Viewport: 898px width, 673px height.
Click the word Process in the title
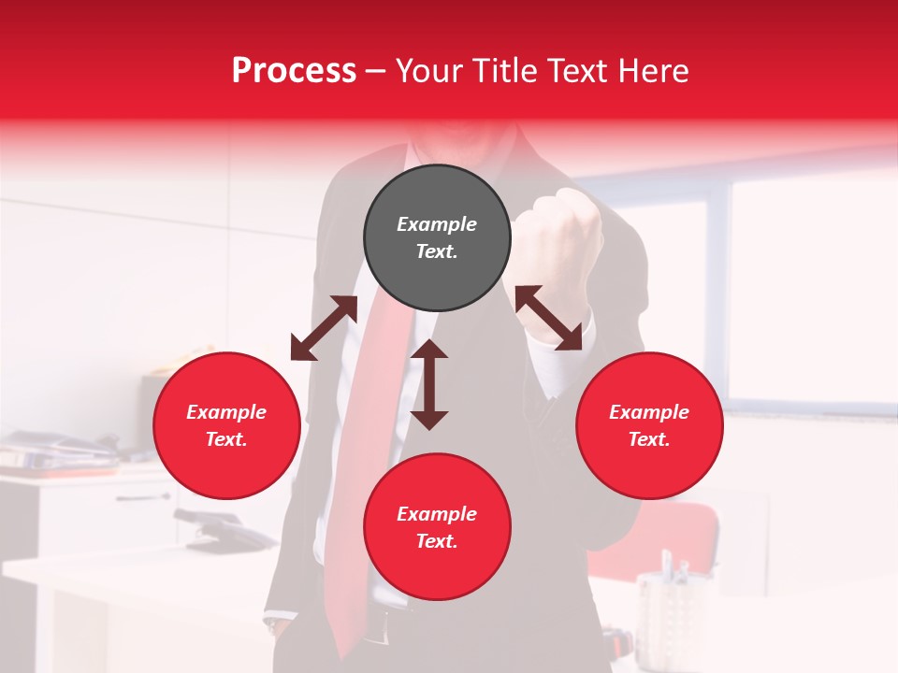coord(294,71)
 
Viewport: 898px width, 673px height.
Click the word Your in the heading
coord(427,71)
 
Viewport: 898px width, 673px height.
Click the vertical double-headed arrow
coord(429,384)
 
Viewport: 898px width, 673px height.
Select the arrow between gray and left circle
coord(324,328)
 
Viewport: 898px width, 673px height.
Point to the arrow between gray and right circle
coord(548,318)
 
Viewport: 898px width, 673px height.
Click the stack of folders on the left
coord(56,452)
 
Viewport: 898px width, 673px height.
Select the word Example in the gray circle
coord(437,224)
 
